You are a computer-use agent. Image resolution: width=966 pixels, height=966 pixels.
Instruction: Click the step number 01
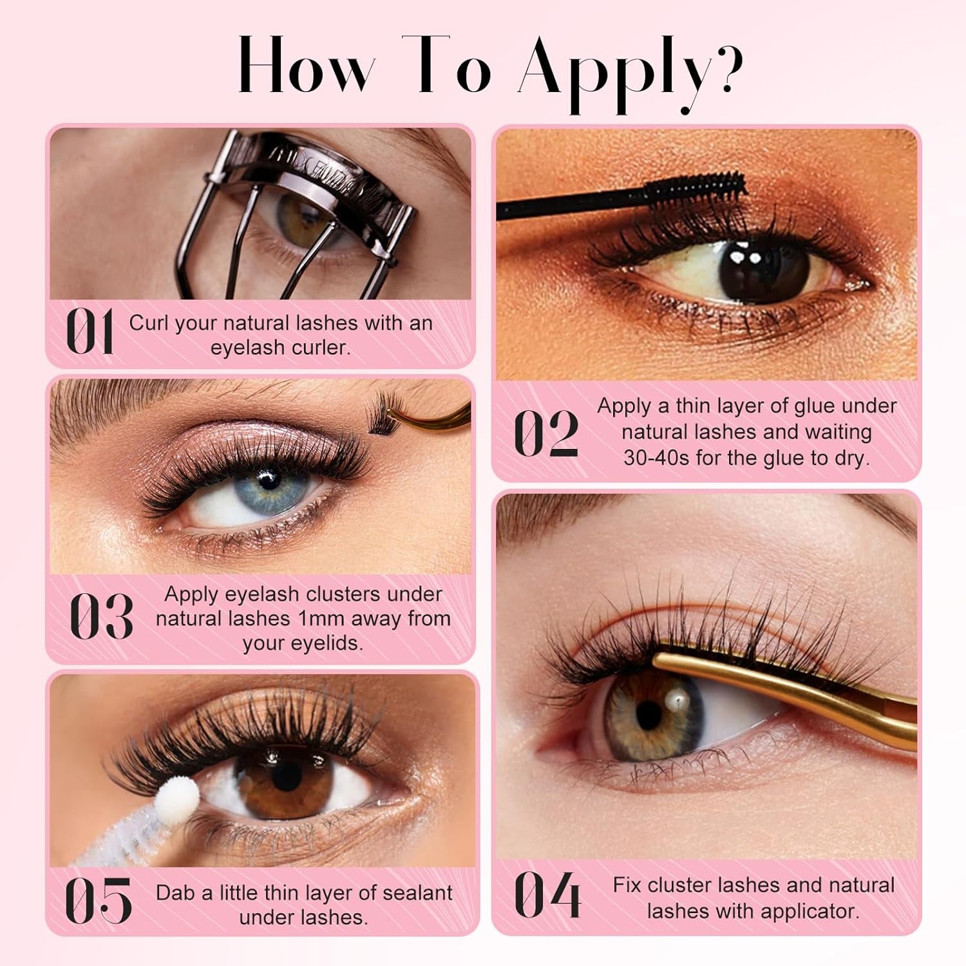[x=90, y=332]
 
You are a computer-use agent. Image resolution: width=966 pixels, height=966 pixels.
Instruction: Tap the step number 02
[x=546, y=433]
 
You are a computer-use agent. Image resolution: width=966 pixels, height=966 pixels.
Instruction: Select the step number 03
[x=101, y=616]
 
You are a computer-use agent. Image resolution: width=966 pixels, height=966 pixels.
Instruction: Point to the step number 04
[x=547, y=895]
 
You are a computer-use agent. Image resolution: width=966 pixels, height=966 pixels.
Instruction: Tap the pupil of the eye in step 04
[x=649, y=713]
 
